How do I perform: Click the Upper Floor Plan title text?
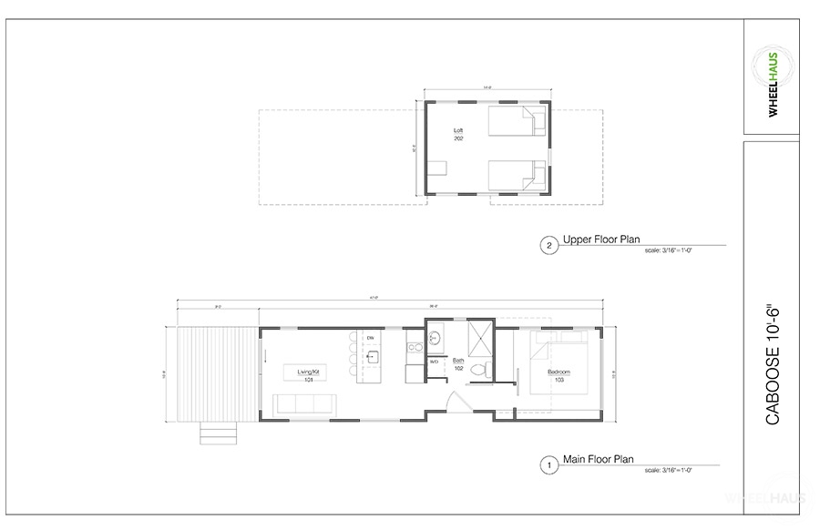(601, 241)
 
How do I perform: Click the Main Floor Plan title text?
(599, 460)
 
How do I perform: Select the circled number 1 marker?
(548, 464)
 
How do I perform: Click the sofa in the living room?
(307, 403)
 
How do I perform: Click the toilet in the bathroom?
(488, 367)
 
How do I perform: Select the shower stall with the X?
(480, 338)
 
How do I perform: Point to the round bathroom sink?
(435, 338)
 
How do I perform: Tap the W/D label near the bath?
(435, 362)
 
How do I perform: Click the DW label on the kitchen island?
(371, 339)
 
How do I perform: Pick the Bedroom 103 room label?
(559, 374)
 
